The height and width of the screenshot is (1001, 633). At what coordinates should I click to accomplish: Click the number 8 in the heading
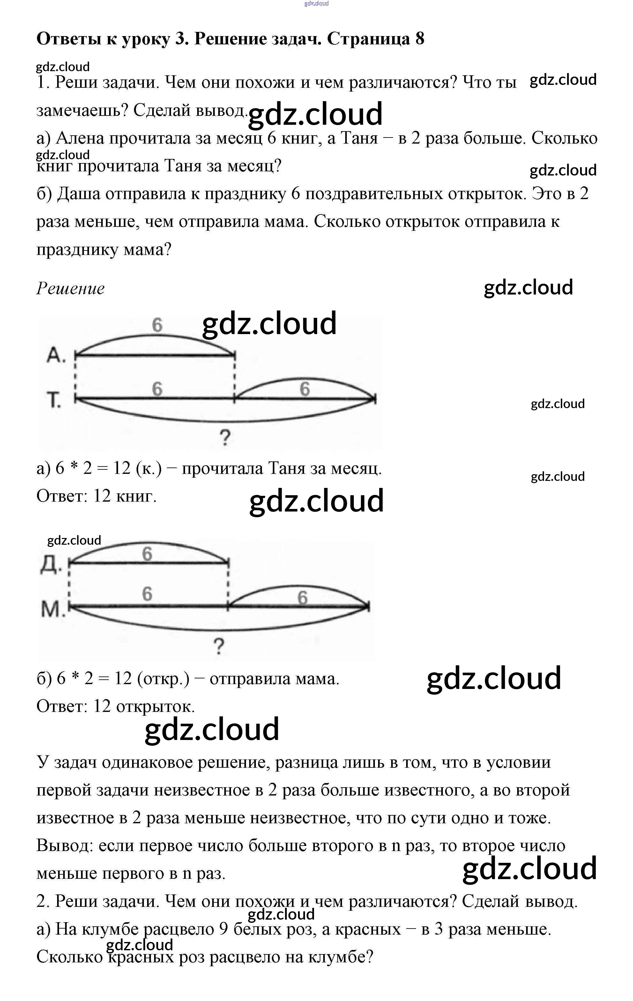pos(419,39)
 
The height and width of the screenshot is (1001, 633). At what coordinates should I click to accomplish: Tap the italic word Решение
pos(70,288)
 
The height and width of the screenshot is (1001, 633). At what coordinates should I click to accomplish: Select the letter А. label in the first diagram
pos(56,355)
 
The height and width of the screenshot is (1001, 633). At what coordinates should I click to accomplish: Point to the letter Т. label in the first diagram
pos(55,400)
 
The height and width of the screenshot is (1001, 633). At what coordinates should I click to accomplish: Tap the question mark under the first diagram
pos(225,438)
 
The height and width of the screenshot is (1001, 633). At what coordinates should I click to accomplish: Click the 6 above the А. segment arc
pos(157,325)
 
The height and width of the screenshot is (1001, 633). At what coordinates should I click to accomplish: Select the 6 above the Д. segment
pos(147,554)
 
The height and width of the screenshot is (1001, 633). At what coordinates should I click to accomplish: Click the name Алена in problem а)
pos(79,138)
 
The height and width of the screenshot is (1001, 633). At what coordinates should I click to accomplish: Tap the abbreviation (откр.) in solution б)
pos(163,678)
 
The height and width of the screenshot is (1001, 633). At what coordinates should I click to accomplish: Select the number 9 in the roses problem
pos(224,929)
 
